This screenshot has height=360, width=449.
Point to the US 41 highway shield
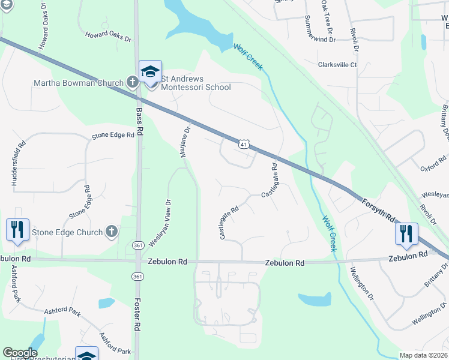click(x=243, y=144)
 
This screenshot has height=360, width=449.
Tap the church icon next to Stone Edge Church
click(x=111, y=232)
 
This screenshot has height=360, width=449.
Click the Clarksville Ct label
click(x=337, y=65)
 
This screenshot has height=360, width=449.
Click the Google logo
click(x=20, y=353)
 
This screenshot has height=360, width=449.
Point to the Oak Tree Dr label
click(x=328, y=16)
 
